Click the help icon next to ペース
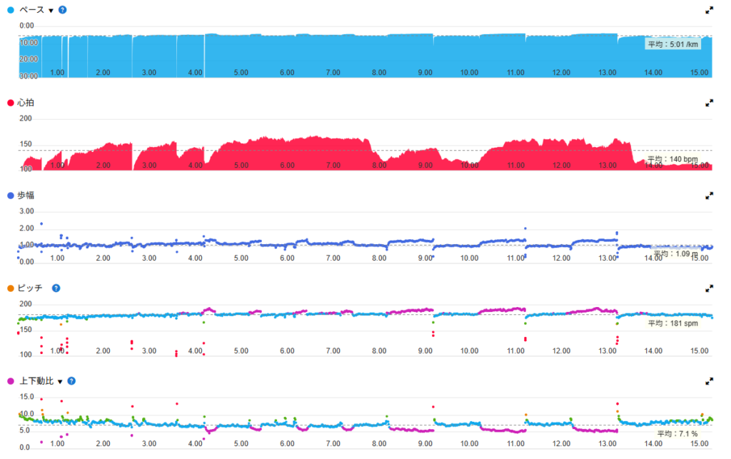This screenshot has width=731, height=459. click(x=63, y=11)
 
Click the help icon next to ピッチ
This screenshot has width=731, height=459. click(x=56, y=288)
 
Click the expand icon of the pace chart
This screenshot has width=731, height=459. click(x=709, y=11)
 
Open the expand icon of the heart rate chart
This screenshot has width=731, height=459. click(x=709, y=103)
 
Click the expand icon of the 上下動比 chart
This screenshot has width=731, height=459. click(x=709, y=380)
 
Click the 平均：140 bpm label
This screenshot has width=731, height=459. click(x=672, y=159)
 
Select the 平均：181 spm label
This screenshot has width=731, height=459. click(x=672, y=323)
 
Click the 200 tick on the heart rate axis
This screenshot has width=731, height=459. click(x=26, y=118)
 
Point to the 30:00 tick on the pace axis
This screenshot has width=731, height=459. click(x=27, y=76)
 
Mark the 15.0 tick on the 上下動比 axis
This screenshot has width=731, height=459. click(x=26, y=396)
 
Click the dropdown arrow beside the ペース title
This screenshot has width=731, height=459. click(x=51, y=11)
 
